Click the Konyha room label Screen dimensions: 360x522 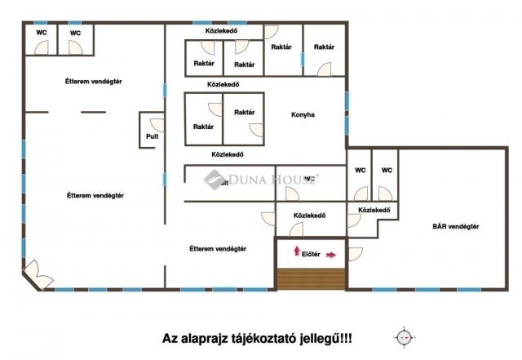coord(303,115)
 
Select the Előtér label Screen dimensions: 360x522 coord(310,254)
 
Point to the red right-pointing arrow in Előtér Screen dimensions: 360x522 coord(330,255)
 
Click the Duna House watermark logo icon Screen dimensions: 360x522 coord(214,178)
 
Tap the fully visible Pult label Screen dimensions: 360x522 coord(152,137)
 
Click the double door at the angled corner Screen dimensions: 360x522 coord(34,274)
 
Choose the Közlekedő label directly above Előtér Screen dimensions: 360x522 coord(310,216)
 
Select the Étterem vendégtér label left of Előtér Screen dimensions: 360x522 coord(218,248)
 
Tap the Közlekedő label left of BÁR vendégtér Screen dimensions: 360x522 coord(371,211)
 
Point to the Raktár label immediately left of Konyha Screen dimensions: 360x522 coord(244,113)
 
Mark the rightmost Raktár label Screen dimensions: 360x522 coord(324,47)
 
